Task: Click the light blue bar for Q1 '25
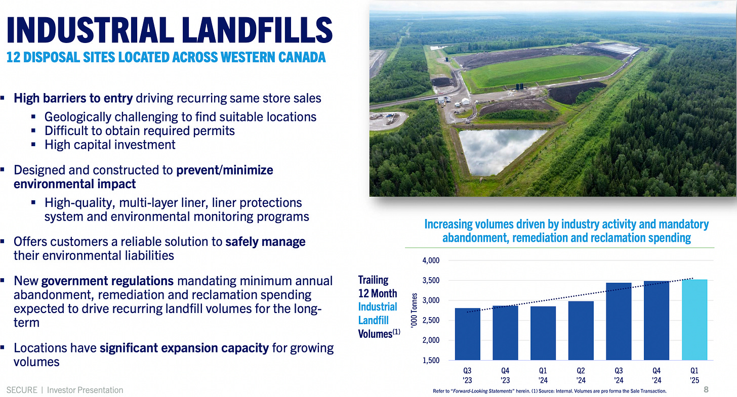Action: (x=694, y=320)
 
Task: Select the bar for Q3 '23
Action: (x=467, y=334)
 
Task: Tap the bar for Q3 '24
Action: (x=619, y=321)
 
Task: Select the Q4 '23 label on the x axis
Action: (x=505, y=374)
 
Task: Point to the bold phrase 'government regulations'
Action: (x=107, y=281)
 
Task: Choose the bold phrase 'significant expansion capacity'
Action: (x=184, y=348)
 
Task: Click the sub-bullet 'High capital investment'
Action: (x=110, y=145)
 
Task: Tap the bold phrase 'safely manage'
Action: (x=265, y=242)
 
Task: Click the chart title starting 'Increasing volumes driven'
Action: (x=566, y=231)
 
